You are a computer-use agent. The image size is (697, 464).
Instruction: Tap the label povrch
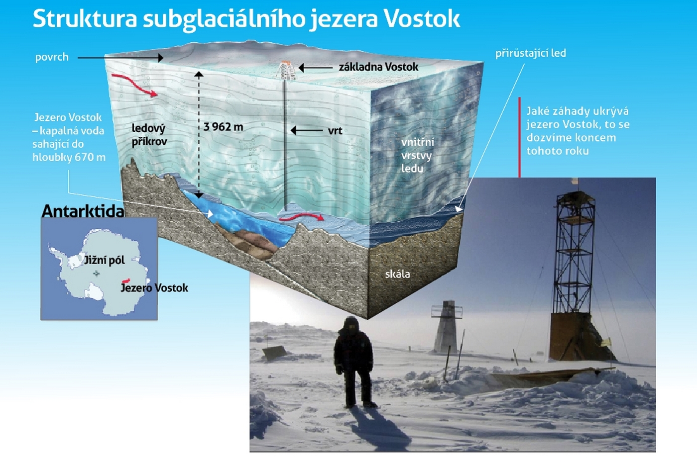point(52,57)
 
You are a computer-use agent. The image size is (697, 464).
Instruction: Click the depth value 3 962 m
point(223,127)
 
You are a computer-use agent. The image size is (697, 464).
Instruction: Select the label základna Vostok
point(378,67)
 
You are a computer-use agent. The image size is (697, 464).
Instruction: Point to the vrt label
point(335,130)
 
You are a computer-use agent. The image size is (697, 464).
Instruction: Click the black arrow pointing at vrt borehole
point(307,130)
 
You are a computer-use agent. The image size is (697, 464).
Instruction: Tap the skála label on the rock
point(397,274)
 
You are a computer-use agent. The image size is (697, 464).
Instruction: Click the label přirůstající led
point(531,53)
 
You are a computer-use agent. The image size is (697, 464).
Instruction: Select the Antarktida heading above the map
point(83,211)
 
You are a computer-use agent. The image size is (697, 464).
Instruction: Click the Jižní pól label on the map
point(104,260)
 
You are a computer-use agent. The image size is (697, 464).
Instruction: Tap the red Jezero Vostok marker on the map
point(126,280)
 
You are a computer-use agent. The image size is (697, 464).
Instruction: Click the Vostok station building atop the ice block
point(286,71)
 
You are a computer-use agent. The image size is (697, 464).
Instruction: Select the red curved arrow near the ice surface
point(134,85)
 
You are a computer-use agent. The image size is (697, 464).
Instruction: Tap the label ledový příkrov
point(149,135)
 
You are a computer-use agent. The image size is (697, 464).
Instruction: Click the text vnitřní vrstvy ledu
point(417,155)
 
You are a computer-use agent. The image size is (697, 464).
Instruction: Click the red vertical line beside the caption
point(519,137)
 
